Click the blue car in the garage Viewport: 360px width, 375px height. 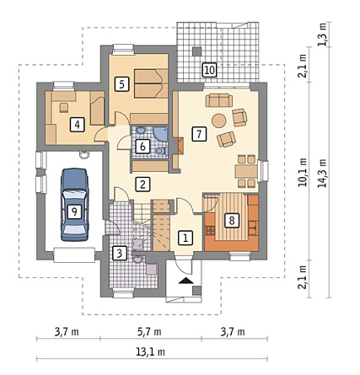point(74,205)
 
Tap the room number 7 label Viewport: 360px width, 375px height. point(199,134)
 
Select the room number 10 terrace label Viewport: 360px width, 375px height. point(210,70)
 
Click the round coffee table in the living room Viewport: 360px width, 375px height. point(219,121)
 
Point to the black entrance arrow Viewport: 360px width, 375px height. point(185,280)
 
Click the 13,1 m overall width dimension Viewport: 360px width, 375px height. point(150,352)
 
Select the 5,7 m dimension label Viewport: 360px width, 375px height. point(149,332)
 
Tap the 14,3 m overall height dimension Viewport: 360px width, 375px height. point(322,174)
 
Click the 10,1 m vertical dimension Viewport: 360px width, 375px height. point(303,172)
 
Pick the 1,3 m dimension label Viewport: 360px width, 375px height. point(323,35)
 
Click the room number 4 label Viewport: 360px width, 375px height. point(77,124)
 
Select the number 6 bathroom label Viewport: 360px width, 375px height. point(142,147)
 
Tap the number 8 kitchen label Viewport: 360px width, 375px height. point(232,221)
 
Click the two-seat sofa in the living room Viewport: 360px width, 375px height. point(219,100)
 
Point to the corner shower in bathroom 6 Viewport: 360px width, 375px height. point(160,134)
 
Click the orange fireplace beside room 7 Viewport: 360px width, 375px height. point(180,146)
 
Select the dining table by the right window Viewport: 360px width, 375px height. point(246,171)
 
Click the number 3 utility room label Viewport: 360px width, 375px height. point(119,254)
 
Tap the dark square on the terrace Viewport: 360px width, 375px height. point(196,51)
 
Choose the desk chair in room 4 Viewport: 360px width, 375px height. point(64,108)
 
